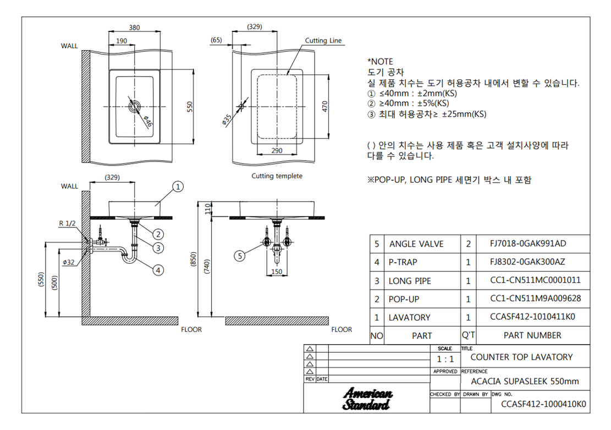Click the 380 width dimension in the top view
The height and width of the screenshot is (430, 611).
[x=134, y=28]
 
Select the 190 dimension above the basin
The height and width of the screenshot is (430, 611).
[x=122, y=41]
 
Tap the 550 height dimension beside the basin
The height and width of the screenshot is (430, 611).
[x=190, y=107]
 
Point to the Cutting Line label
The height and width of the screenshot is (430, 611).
[x=323, y=40]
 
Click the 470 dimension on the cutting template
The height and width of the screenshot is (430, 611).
[x=325, y=106]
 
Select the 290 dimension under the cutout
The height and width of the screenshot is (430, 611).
[x=277, y=151]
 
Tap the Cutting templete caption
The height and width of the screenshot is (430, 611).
[x=277, y=176]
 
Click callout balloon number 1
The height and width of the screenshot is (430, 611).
[x=178, y=187]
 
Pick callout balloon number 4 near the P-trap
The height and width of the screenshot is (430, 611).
[x=158, y=270]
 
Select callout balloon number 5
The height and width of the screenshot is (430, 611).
[x=240, y=256]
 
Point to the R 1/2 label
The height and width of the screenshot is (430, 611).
[x=67, y=224]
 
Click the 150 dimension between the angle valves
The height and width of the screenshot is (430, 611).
[x=277, y=271]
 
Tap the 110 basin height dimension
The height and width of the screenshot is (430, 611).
[x=208, y=208]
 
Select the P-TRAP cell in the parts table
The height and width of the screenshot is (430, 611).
[x=403, y=262]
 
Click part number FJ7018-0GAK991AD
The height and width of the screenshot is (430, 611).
[x=528, y=243]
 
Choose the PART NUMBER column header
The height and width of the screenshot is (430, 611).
[x=532, y=335]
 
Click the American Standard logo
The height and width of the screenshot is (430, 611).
[x=367, y=399]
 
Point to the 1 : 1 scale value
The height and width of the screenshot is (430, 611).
[x=445, y=359]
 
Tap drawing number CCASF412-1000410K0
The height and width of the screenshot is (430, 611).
[x=543, y=404]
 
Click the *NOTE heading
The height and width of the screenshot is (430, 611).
[x=380, y=62]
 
